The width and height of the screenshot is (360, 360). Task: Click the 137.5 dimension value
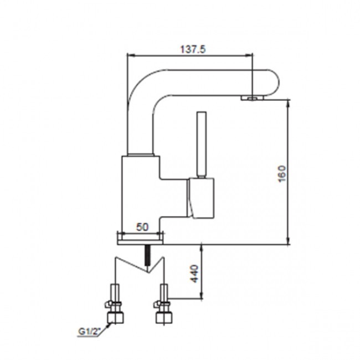point(193,49)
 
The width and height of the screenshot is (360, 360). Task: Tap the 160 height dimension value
point(282,173)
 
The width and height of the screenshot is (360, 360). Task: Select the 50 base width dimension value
point(142,227)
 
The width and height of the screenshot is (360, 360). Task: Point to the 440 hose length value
point(194,274)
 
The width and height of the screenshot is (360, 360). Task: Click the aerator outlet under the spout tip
point(253,98)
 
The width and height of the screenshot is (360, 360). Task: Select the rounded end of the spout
point(273,82)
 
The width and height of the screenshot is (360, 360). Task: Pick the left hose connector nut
point(115,317)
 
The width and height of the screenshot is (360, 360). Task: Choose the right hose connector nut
point(164,317)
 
